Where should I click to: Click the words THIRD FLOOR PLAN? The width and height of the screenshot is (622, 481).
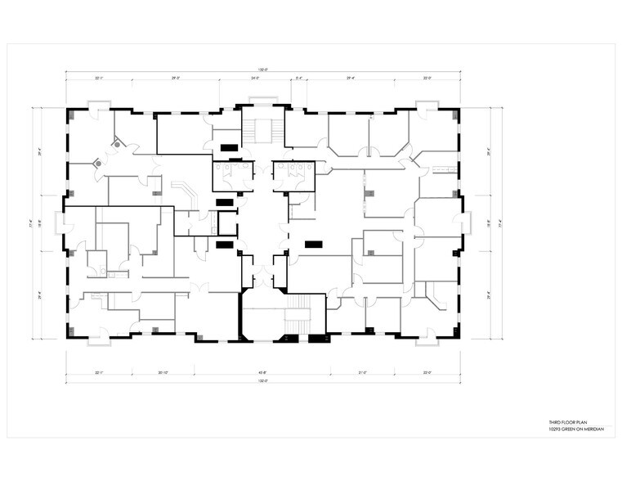[566, 423]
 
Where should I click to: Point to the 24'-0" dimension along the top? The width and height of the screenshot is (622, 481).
[254, 79]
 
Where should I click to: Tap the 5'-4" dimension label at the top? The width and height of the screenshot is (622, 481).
[298, 79]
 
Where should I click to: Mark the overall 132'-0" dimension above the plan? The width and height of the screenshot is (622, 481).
[262, 70]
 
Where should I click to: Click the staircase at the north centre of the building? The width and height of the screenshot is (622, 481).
[262, 130]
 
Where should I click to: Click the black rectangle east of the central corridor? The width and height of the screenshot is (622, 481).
[312, 243]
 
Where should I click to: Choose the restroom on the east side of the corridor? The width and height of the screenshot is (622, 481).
[293, 173]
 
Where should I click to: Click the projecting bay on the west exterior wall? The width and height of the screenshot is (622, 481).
[60, 222]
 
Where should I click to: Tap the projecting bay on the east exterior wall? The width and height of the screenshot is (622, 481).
[468, 222]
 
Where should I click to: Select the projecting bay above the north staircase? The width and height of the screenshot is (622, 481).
[262, 101]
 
